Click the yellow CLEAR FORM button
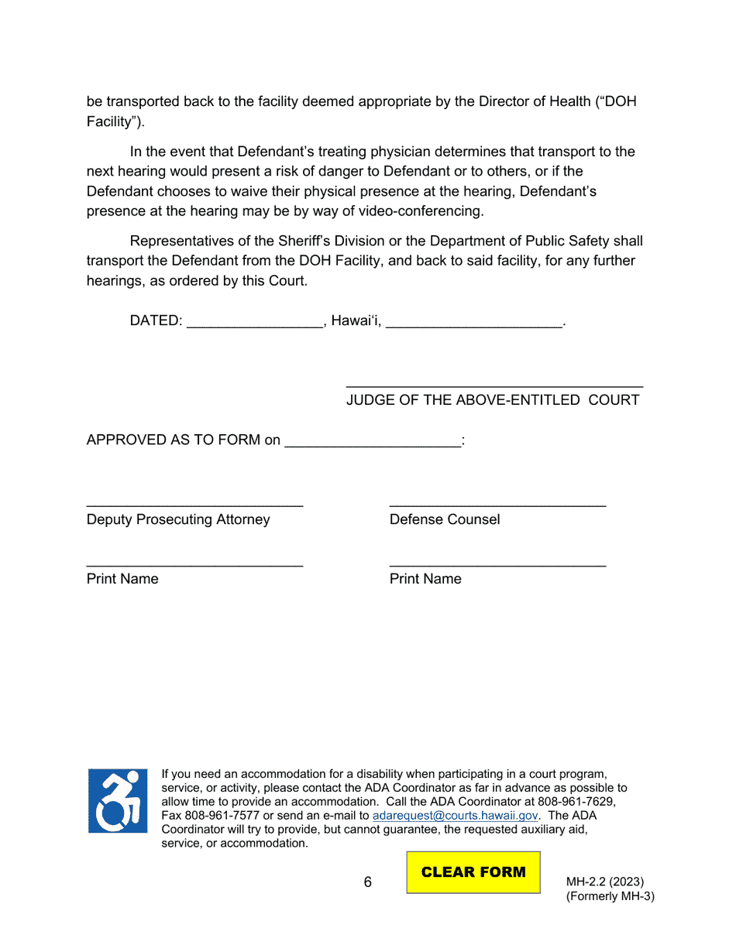[x=473, y=872]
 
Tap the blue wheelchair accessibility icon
[x=117, y=801]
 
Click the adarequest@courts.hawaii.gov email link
[x=455, y=816]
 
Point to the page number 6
[x=368, y=882]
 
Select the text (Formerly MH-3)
[x=610, y=897]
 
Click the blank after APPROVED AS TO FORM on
[x=373, y=441]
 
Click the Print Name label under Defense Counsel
[x=425, y=579]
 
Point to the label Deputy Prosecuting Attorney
[x=178, y=519]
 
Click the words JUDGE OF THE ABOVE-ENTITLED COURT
[x=493, y=400]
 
